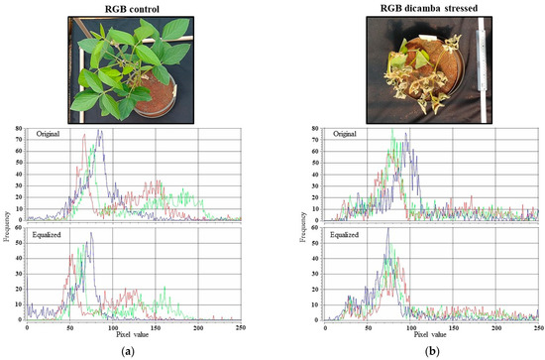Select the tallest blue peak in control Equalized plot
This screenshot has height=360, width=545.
click(x=91, y=235)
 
